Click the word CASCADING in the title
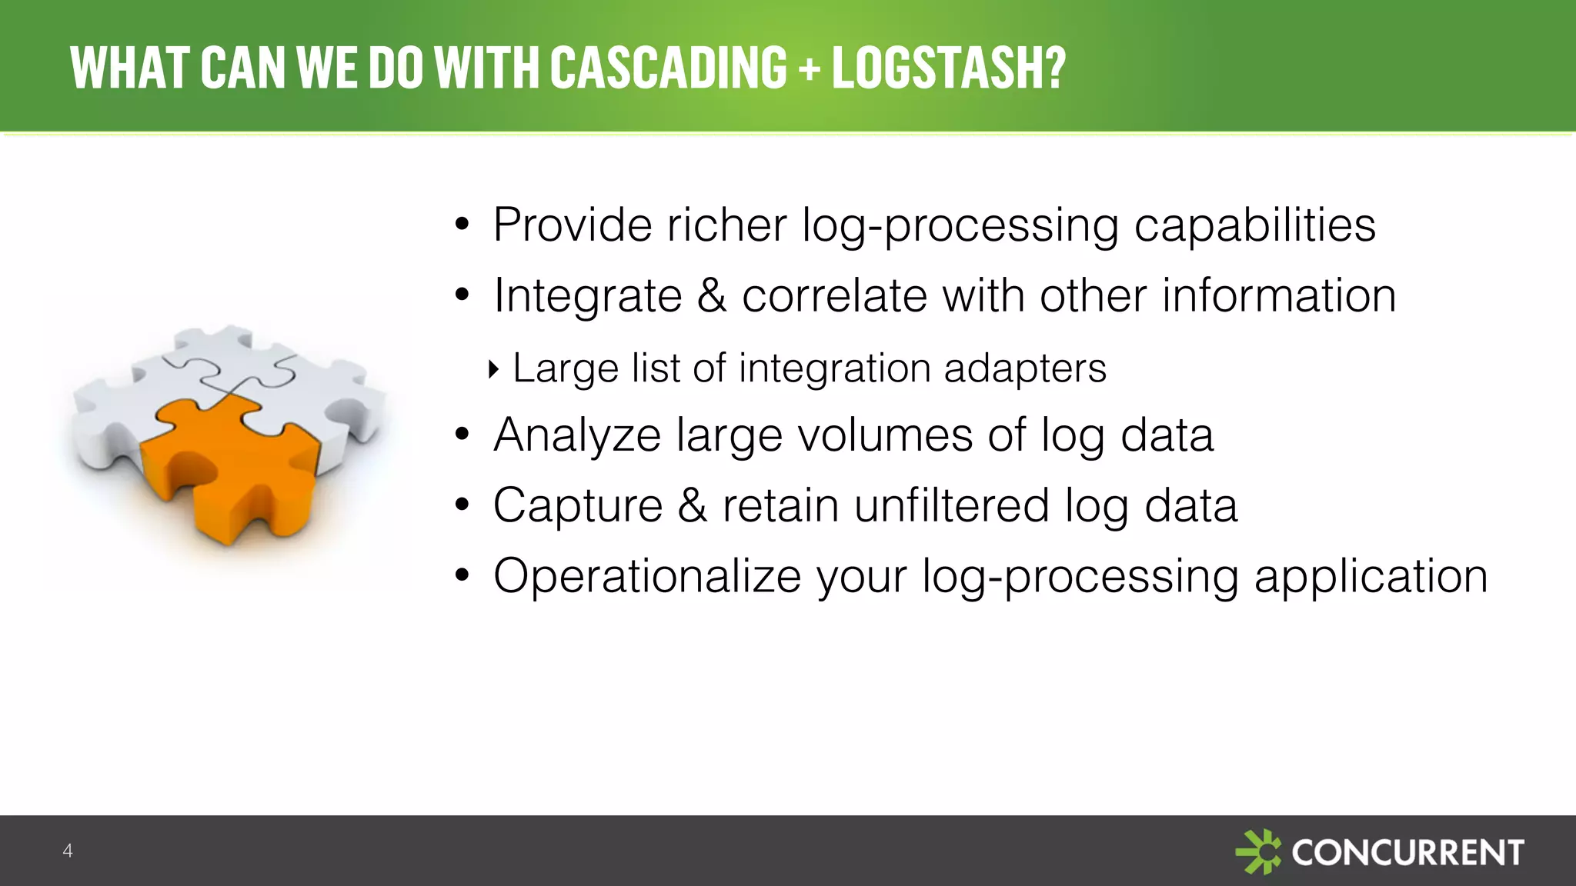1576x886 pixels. pyautogui.click(x=669, y=68)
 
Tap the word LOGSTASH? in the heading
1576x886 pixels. pyautogui.click(x=949, y=68)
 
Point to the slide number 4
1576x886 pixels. pyautogui.click(x=68, y=851)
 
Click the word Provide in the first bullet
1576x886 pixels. pyautogui.click(x=573, y=225)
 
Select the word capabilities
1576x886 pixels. pyautogui.click(x=1254, y=227)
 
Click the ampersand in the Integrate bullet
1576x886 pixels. pyautogui.click(x=712, y=296)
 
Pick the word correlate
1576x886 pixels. pyautogui.click(x=834, y=296)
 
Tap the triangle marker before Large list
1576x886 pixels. pyautogui.click(x=494, y=369)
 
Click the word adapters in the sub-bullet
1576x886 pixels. pyautogui.click(x=1025, y=369)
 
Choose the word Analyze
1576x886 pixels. pyautogui.click(x=577, y=436)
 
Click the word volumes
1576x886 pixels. pyautogui.click(x=885, y=436)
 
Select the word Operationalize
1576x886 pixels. pyautogui.click(x=647, y=576)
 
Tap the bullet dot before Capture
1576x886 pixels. pyautogui.click(x=462, y=505)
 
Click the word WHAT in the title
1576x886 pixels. pyautogui.click(x=129, y=68)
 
